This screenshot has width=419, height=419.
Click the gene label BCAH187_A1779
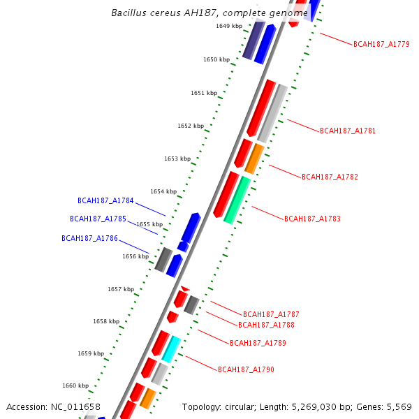click(381, 44)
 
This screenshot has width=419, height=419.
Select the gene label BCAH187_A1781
click(348, 131)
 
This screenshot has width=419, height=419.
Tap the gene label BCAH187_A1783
click(312, 219)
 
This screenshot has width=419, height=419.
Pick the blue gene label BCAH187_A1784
click(105, 200)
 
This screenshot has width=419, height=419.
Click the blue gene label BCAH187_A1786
click(89, 238)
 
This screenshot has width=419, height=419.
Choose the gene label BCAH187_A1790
click(246, 369)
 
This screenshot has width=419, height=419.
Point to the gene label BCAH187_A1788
click(266, 325)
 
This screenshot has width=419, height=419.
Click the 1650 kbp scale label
click(216, 60)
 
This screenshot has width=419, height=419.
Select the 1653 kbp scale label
click(177, 159)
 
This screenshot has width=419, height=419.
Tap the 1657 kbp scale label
click(121, 289)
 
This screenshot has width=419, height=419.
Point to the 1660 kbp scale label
click(75, 385)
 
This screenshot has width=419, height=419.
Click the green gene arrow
click(237, 200)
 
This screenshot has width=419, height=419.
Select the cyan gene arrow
click(171, 348)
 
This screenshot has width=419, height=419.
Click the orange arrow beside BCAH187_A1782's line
click(254, 159)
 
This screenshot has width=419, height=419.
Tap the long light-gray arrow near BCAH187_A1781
click(272, 113)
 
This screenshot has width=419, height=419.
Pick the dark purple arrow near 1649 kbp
click(253, 41)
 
